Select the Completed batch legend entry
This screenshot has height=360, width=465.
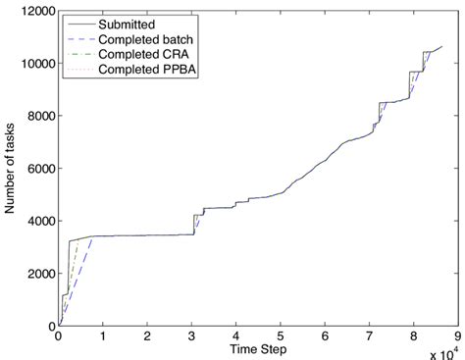coord(150,37)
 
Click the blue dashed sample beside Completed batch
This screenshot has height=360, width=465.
coord(81,37)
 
